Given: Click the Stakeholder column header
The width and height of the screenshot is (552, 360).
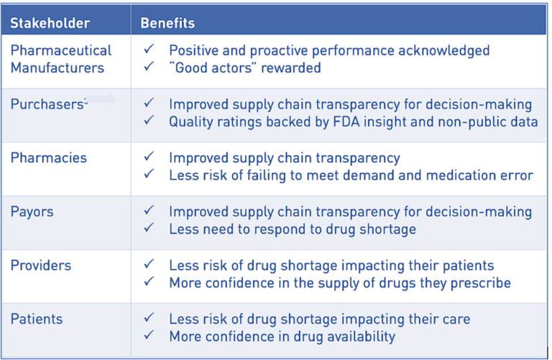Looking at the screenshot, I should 50,23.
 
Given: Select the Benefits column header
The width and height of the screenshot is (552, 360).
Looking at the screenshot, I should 167,23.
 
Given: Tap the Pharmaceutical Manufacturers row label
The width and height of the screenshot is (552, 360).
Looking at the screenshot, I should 61,59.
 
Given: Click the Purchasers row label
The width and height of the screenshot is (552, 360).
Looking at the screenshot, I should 47,104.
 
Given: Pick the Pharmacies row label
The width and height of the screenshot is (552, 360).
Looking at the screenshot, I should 48,157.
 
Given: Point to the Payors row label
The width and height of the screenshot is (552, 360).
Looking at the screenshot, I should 32,211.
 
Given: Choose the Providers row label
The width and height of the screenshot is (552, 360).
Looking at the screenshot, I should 41,265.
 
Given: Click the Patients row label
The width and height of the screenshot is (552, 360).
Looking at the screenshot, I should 37,318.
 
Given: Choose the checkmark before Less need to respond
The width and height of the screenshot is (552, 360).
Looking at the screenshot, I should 149,229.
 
